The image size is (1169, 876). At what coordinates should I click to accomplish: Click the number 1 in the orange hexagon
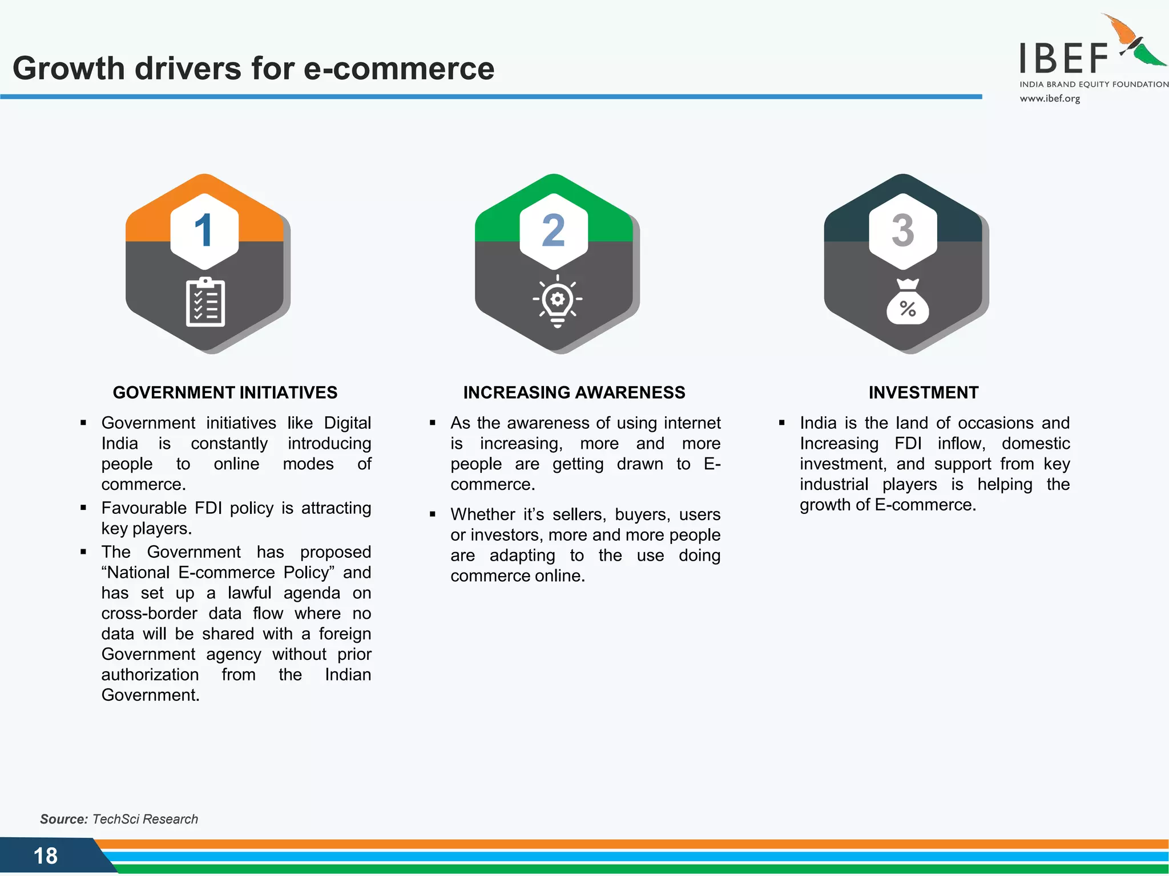pyautogui.click(x=204, y=230)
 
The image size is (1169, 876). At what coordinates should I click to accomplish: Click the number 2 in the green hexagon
pyautogui.click(x=553, y=230)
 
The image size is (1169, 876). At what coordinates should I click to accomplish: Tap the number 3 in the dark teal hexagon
pyautogui.click(x=902, y=230)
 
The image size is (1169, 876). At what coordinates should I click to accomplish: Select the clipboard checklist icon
pyautogui.click(x=205, y=302)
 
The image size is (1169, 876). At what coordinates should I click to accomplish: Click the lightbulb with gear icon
pyautogui.click(x=557, y=301)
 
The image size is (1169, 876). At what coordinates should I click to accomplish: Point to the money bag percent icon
pyautogui.click(x=908, y=302)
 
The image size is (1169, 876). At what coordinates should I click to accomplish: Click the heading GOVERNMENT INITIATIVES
pyautogui.click(x=225, y=392)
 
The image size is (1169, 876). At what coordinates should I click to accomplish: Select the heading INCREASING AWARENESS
pyautogui.click(x=574, y=392)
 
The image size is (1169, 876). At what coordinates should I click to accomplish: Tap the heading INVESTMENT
pyautogui.click(x=923, y=392)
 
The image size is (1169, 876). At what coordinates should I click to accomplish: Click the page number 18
pyautogui.click(x=46, y=855)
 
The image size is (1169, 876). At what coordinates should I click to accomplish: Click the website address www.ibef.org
pyautogui.click(x=1050, y=98)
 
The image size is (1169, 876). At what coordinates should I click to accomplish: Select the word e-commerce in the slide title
pyautogui.click(x=398, y=68)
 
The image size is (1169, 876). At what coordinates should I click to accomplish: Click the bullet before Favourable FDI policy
pyautogui.click(x=83, y=507)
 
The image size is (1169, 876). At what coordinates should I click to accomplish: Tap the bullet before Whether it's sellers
pyautogui.click(x=433, y=514)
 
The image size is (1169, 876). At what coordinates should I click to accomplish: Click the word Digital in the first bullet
pyautogui.click(x=347, y=423)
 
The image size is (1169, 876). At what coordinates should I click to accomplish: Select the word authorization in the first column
pyautogui.click(x=150, y=675)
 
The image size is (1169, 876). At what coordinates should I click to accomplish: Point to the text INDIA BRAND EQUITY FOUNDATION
pyautogui.click(x=1094, y=84)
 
